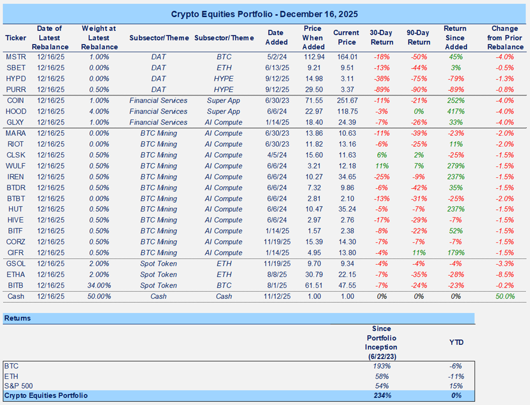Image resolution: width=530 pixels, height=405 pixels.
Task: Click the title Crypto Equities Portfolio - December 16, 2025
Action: tap(265, 14)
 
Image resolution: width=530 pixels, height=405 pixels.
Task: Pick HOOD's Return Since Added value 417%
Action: tap(455, 111)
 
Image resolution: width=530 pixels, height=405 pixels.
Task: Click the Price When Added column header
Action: tap(313, 38)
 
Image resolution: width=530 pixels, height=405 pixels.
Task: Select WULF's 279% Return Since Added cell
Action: tap(455, 166)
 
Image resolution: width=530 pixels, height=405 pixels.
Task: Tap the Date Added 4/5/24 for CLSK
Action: tap(277, 155)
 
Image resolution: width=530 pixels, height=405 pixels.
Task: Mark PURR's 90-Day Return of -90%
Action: tap(418, 90)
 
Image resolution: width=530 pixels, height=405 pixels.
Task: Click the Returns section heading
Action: tap(17, 318)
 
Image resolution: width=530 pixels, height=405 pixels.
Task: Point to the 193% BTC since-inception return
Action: tap(382, 367)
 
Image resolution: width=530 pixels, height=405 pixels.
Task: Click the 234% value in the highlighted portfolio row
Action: tap(382, 395)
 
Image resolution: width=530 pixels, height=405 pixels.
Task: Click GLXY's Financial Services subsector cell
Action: tap(158, 122)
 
